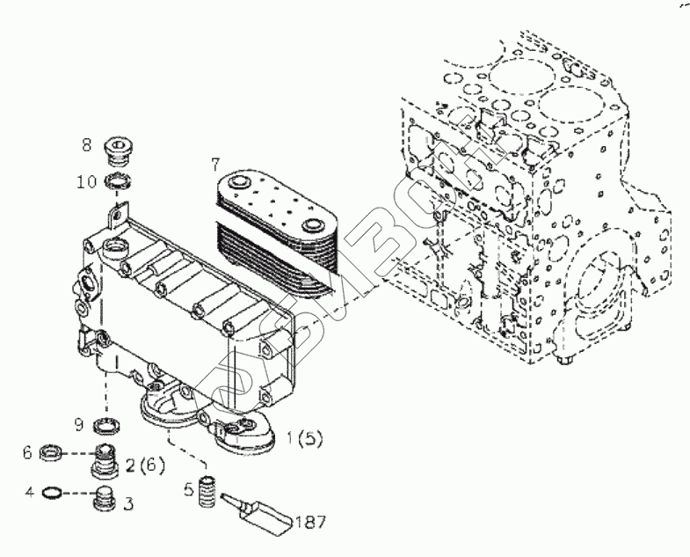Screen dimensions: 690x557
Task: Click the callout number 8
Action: [x=86, y=143]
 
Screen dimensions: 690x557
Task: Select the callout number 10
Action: [x=86, y=182]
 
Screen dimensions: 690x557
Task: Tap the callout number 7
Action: [x=214, y=164]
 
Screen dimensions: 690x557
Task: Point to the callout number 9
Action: [x=78, y=425]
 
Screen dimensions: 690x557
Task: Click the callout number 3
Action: [x=128, y=504]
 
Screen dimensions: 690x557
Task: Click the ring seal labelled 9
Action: [x=107, y=426]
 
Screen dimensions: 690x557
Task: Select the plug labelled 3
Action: [x=106, y=499]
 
